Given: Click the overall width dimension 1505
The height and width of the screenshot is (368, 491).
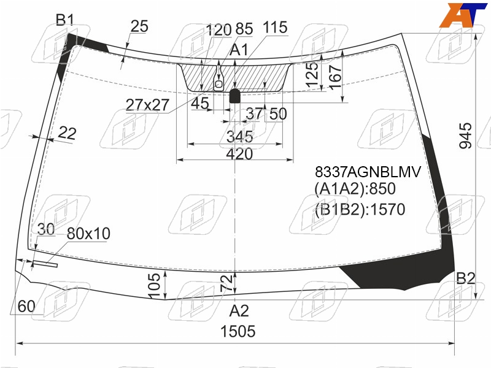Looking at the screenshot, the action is (x=238, y=331).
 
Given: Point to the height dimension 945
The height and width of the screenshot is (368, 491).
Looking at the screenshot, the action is (x=466, y=135).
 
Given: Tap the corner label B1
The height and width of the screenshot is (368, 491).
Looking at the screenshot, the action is (x=65, y=20).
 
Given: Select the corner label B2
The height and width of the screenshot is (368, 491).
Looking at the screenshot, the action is (x=466, y=278).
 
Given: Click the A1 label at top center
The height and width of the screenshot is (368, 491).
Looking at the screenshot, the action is (x=239, y=50).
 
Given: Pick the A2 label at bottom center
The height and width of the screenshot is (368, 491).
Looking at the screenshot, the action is (x=239, y=311).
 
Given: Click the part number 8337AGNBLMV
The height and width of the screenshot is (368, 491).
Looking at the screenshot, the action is (x=368, y=172).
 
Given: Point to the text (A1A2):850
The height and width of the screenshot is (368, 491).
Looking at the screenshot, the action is (x=355, y=189).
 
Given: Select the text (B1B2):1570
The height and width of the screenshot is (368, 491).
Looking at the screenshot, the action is (x=360, y=209).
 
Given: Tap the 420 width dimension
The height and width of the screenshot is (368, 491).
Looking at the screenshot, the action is (x=239, y=154).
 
